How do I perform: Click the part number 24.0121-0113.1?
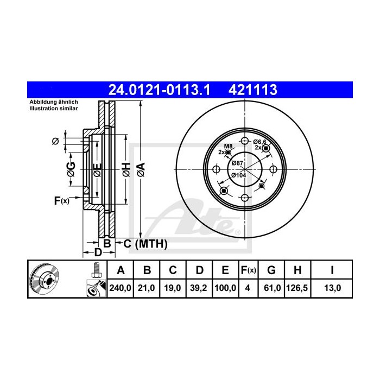click(159, 90)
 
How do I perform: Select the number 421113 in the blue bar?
click(252, 90)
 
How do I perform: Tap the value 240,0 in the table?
click(120, 288)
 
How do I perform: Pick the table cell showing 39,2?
click(199, 288)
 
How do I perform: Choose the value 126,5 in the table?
click(297, 288)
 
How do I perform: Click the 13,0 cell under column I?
click(332, 288)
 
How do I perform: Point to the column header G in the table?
click(271, 270)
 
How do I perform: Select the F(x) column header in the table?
click(249, 270)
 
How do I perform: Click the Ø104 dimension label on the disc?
click(238, 175)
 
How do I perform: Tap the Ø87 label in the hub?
click(237, 163)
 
